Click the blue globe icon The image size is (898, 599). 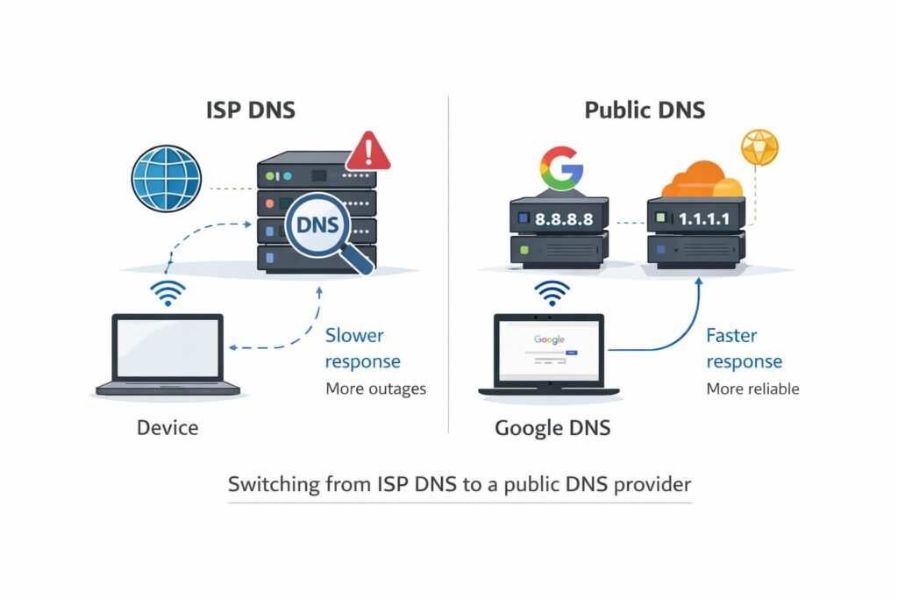point(167,179)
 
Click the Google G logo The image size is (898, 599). point(561,168)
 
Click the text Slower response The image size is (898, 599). point(363,348)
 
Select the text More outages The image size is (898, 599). point(375,389)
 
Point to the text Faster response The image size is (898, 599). point(744,348)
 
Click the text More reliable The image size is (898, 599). point(752,389)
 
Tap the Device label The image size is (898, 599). point(167,428)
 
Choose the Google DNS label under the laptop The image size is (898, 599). point(552,428)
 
